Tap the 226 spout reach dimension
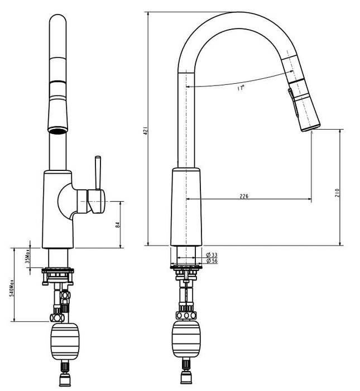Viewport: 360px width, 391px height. tap(244, 196)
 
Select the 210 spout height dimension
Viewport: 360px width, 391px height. tap(337, 192)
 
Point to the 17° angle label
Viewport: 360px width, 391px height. tap(241, 88)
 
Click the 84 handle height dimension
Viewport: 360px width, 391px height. tap(117, 225)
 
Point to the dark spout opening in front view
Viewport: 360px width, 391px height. tap(57, 131)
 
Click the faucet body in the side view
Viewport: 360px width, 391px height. tap(186, 207)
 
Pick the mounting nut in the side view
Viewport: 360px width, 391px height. tap(185, 271)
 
